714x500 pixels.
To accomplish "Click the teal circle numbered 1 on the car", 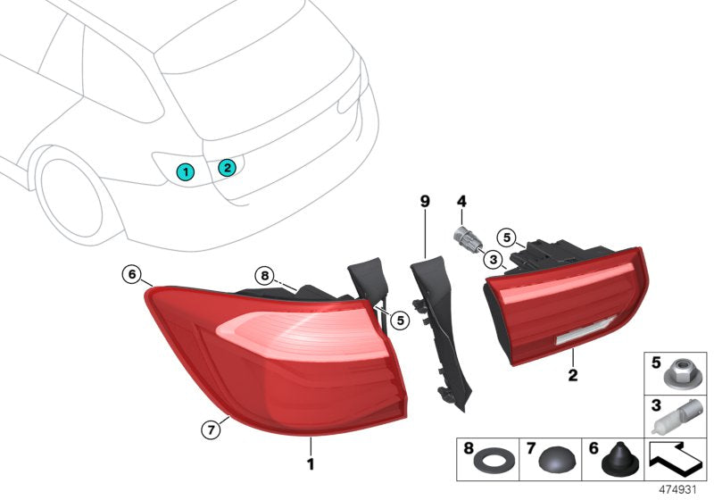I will coord(186,171).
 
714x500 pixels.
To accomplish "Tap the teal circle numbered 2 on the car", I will coord(228,166).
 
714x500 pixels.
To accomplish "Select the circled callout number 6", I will coord(132,274).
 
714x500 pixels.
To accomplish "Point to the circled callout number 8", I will coord(263,276).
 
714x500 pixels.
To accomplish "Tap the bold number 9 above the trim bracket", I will coord(425,202).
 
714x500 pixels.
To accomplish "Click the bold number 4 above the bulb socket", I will coord(461,202).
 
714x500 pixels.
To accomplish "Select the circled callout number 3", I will coord(492,259).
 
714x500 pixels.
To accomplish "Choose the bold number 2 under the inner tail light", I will coord(571,377).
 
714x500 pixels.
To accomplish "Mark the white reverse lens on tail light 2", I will coord(581,338).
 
